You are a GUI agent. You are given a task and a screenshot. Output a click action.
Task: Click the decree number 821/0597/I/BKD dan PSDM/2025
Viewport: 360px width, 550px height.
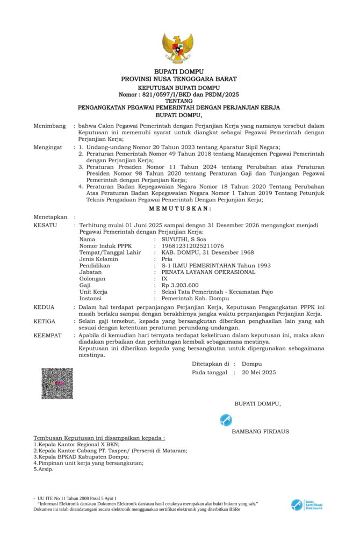tap(179, 94)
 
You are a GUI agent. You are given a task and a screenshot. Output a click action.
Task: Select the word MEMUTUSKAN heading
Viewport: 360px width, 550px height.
tap(179, 208)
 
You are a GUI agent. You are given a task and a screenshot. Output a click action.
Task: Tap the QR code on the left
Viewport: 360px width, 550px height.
tap(57, 383)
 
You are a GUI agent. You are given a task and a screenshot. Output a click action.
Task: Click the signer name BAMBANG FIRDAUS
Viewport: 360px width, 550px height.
tap(260, 431)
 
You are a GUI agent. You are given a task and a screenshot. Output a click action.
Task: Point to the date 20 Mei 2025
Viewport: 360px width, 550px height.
tap(258, 372)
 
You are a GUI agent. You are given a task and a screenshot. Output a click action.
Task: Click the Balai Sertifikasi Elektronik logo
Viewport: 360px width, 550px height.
tap(307, 505)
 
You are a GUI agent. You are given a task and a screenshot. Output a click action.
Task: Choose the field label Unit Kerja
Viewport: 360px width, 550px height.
tap(93, 292)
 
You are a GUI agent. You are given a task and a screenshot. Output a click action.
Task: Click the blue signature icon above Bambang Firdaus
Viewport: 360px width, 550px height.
tap(226, 421)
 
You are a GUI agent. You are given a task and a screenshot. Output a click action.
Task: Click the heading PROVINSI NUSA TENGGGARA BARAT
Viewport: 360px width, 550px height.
tap(179, 79)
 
